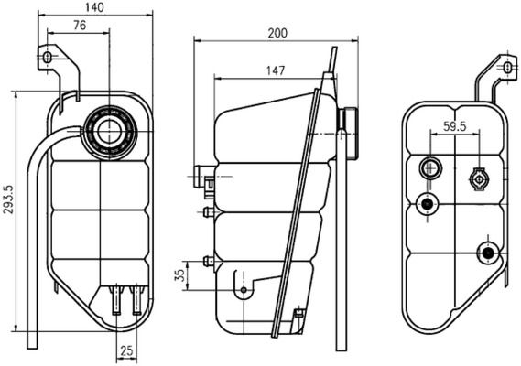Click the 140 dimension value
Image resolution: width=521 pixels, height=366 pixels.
coord(94,8)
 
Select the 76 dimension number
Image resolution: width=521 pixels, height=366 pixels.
coord(80,26)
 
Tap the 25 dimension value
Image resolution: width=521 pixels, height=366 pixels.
coord(127,350)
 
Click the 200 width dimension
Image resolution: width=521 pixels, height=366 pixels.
coord(277,33)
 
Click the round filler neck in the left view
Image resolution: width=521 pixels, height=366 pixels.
coord(112,129)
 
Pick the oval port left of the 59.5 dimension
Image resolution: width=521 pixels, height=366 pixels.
coord(429,168)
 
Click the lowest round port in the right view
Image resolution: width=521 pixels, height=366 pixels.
coord(487,252)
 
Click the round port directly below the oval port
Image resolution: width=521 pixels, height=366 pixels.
coord(425,204)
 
